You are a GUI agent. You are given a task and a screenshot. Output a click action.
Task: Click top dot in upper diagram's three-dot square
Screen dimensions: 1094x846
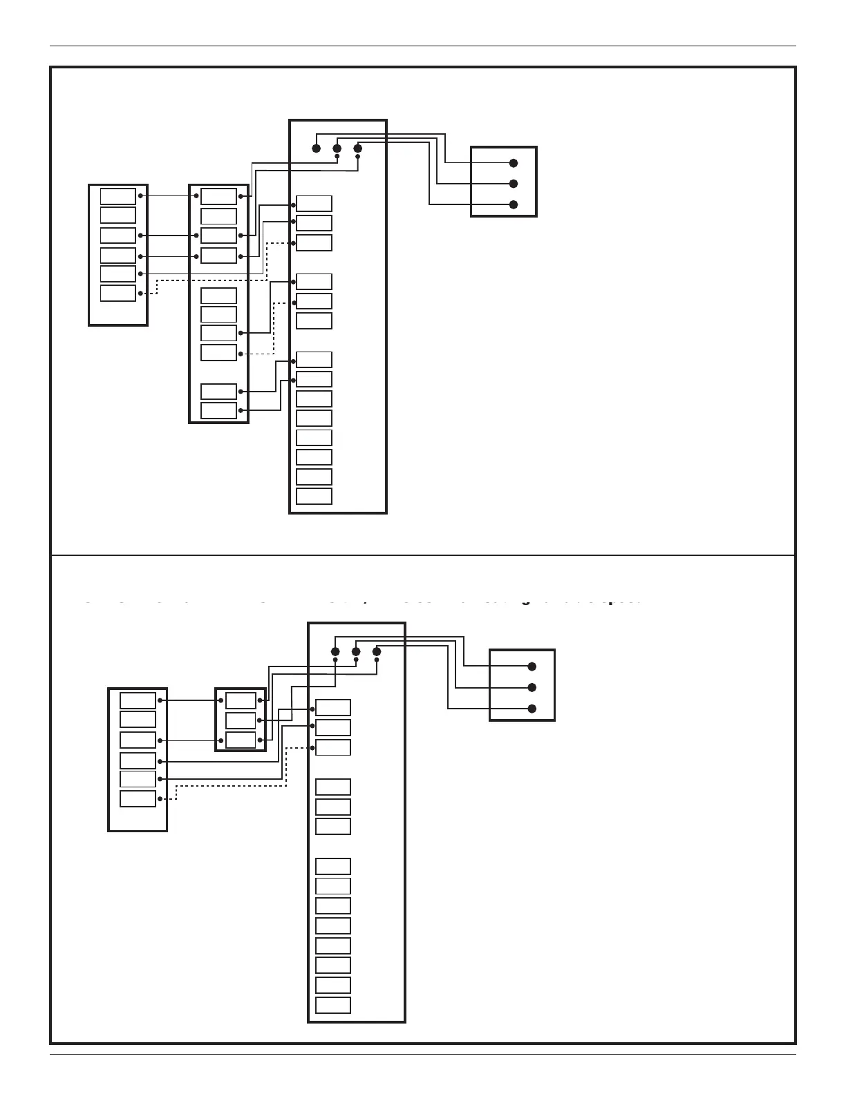514,163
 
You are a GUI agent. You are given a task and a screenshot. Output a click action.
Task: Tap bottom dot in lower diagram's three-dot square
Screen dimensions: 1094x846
532,709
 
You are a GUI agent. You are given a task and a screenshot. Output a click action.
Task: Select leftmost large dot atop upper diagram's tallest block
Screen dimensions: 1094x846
317,148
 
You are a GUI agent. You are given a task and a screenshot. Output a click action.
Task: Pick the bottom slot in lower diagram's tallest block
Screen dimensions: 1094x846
333,1005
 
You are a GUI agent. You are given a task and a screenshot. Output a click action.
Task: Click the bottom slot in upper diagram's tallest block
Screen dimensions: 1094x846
314,497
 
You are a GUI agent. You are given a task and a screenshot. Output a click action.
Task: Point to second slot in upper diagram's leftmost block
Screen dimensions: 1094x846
118,215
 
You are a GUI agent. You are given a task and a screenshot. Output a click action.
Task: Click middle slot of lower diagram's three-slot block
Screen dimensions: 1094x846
241,720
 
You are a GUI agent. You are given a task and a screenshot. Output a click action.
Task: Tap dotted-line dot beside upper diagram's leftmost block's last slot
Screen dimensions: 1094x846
140,294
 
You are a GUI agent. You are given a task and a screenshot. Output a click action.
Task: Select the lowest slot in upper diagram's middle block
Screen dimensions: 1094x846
218,411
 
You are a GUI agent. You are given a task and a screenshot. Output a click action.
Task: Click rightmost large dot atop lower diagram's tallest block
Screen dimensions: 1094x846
377,651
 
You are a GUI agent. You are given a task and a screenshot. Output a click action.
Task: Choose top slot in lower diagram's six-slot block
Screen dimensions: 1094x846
138,700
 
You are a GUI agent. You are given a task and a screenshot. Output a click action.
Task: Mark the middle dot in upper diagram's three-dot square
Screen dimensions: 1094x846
514,184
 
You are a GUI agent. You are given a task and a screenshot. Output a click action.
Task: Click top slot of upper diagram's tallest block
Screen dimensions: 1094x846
314,204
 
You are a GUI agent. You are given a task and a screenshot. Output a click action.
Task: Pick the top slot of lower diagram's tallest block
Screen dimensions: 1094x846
333,708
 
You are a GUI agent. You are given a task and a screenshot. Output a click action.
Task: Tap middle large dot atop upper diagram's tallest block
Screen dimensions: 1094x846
337,148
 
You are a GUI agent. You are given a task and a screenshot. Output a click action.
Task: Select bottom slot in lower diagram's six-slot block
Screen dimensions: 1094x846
138,799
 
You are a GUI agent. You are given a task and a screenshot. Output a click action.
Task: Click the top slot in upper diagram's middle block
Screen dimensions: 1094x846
218,196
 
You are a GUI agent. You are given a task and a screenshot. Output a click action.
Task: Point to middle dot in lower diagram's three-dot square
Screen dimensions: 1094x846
532,687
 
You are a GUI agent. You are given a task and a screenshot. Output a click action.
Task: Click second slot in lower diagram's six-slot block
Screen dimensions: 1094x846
138,720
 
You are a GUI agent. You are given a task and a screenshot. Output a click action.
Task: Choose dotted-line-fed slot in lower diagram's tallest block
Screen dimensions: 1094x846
333,747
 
